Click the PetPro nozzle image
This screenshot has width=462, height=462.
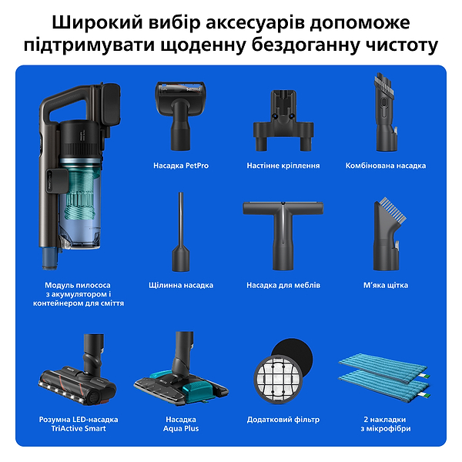181,116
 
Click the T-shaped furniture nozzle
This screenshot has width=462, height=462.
283,231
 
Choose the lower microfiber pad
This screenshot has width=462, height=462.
385,383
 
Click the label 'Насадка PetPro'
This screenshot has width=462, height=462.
181,166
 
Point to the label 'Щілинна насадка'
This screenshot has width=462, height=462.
181,285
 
